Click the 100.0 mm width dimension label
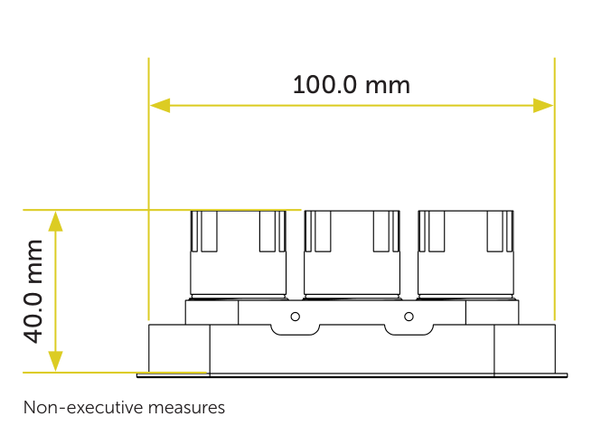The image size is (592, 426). tap(351, 85)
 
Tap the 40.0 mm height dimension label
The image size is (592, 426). tap(33, 291)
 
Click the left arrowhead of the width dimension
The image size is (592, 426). tap(160, 105)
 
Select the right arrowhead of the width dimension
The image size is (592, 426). tap(543, 105)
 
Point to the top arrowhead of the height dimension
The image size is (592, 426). tap(55, 222)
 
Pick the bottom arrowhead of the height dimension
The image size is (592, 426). tap(55, 361)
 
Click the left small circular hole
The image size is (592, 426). tap(296, 317)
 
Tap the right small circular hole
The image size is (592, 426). tap(409, 317)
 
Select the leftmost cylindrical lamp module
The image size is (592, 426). tap(239, 255)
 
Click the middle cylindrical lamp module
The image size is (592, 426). tap(352, 255)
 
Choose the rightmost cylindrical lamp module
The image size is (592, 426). tap(465, 255)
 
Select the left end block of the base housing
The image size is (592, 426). tap(179, 348)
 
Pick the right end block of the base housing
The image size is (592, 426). tap(525, 348)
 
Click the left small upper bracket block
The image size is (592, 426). tap(211, 312)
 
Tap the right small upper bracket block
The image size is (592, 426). tap(493, 312)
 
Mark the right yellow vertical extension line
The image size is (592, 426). tap(555, 189)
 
